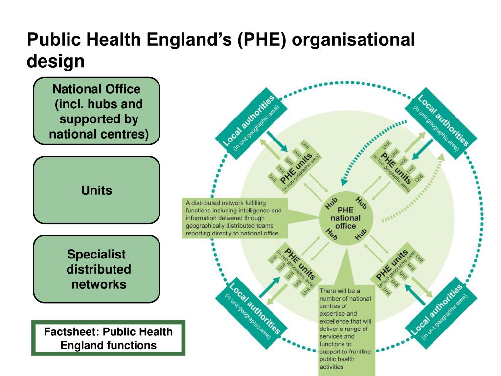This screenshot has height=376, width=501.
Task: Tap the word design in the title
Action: click(x=55, y=62)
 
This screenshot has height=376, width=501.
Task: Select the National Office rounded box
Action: click(x=96, y=111)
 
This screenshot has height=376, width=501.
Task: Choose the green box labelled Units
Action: click(x=96, y=190)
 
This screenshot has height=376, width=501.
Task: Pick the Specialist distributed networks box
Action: click(x=96, y=269)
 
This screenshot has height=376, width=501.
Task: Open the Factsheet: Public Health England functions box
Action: click(x=108, y=338)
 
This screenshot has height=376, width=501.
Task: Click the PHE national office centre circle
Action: click(x=346, y=218)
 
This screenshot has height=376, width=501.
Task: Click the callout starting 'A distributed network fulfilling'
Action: click(x=234, y=218)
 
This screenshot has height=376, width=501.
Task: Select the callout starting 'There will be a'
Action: click(x=346, y=328)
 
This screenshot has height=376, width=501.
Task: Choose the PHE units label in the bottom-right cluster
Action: click(x=393, y=267)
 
